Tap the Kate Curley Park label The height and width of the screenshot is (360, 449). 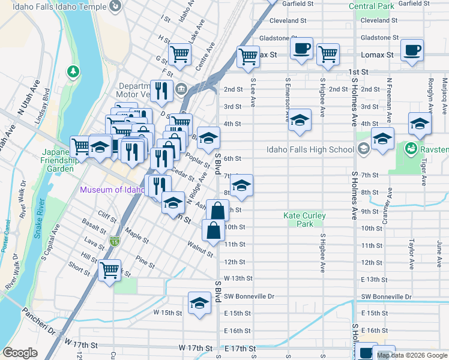click(x=305, y=220)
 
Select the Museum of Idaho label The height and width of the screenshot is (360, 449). click(x=112, y=190)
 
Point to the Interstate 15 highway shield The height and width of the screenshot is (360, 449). click(x=114, y=241)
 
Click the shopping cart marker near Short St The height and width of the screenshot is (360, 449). click(x=109, y=271)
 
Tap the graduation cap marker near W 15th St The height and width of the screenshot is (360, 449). click(x=199, y=304)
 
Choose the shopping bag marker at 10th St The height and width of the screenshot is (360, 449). click(x=213, y=230)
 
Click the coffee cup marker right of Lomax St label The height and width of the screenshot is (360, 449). click(x=412, y=51)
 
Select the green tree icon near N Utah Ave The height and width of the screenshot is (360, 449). click(x=73, y=72)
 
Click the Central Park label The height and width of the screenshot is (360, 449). click(x=371, y=7)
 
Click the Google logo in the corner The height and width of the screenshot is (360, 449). click(x=20, y=353)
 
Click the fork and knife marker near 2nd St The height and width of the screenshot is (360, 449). click(x=161, y=91)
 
